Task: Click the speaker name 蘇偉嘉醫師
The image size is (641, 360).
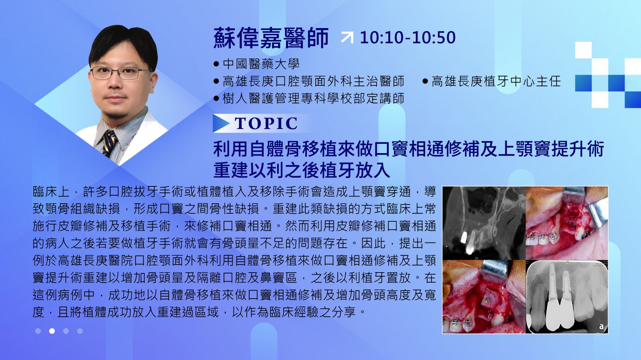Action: pyautogui.click(x=271, y=38)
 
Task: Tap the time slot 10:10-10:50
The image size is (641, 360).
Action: pyautogui.click(x=407, y=38)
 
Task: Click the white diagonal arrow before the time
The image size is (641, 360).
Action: pyautogui.click(x=347, y=38)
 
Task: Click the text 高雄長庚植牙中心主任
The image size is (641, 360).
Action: pyautogui.click(x=496, y=81)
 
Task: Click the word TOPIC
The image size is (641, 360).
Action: pyautogui.click(x=266, y=123)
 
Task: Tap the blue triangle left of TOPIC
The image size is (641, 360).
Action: pyautogui.click(x=221, y=123)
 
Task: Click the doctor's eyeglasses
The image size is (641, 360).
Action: pyautogui.click(x=120, y=73)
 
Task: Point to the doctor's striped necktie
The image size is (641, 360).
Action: pyautogui.click(x=110, y=143)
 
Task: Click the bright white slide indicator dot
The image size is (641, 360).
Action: pyautogui.click(x=52, y=331)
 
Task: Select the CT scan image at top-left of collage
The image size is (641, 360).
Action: pyautogui.click(x=484, y=223)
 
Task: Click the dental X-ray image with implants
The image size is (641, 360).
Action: pyautogui.click(x=567, y=297)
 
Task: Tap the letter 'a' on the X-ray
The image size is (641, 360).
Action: pyautogui.click(x=601, y=326)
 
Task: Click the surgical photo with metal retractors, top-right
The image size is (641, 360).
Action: pyautogui.click(x=567, y=223)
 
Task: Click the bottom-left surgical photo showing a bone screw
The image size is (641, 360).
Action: pyautogui.click(x=484, y=297)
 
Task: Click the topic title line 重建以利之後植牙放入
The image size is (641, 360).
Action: pyautogui.click(x=302, y=170)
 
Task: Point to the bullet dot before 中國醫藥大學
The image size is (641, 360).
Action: pyautogui.click(x=216, y=64)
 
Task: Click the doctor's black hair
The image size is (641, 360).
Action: pyautogui.click(x=123, y=43)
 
